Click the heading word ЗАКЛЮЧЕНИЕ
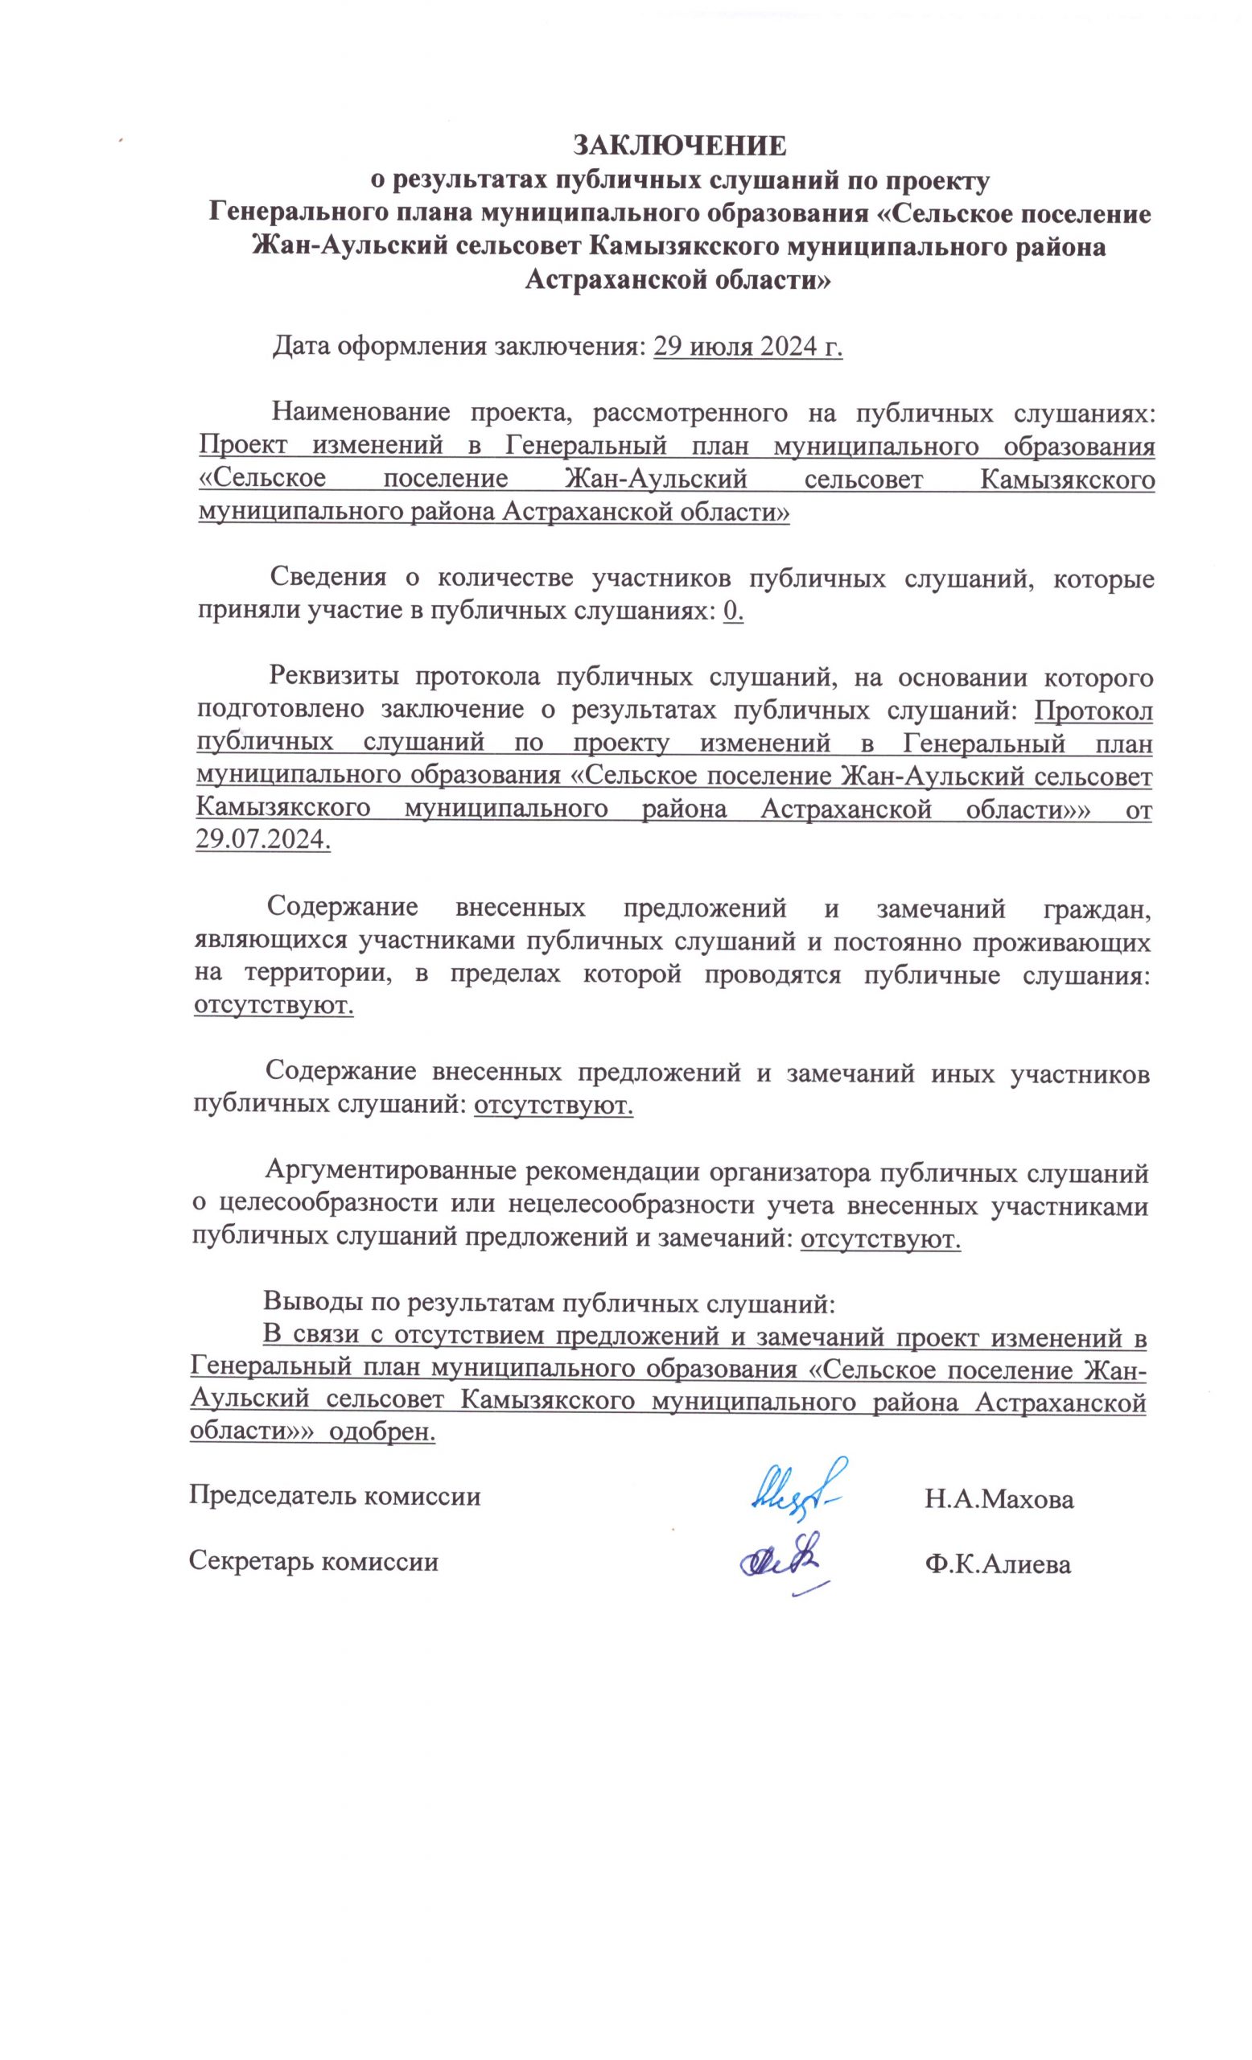678,146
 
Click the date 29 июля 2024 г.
747,346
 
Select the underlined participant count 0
732,613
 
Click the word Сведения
327,579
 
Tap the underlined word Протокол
1093,711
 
